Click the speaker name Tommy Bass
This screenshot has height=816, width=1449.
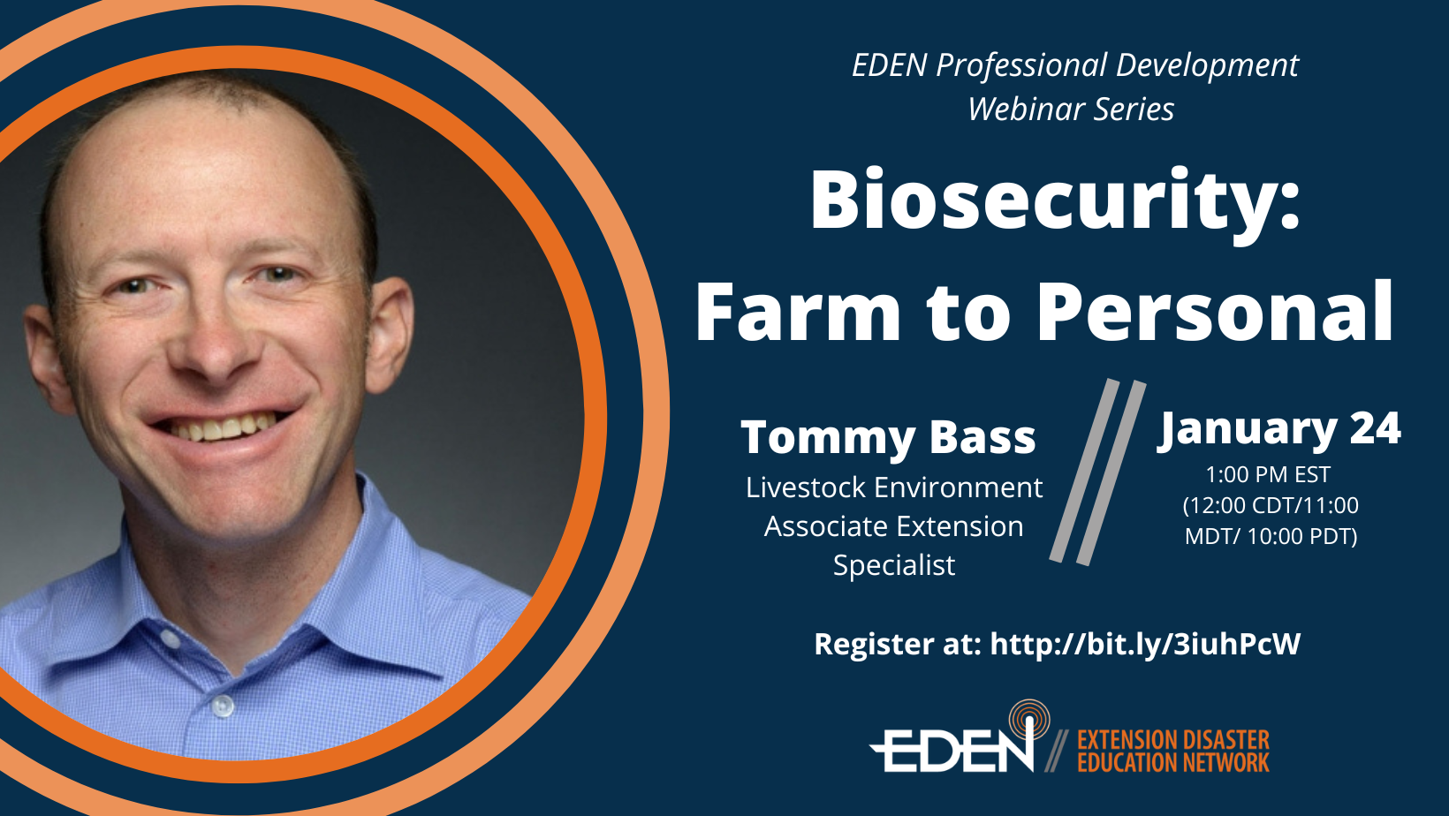[888, 438]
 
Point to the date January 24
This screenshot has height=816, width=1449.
[1278, 428]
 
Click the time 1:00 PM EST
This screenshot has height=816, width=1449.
[1268, 474]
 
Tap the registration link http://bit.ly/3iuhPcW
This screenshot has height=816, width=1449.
[1145, 644]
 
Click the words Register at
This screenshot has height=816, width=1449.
[898, 644]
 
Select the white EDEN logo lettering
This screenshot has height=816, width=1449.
[952, 750]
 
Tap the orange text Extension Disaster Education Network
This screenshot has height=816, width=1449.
[1172, 751]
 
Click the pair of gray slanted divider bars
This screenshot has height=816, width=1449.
[1097, 472]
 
